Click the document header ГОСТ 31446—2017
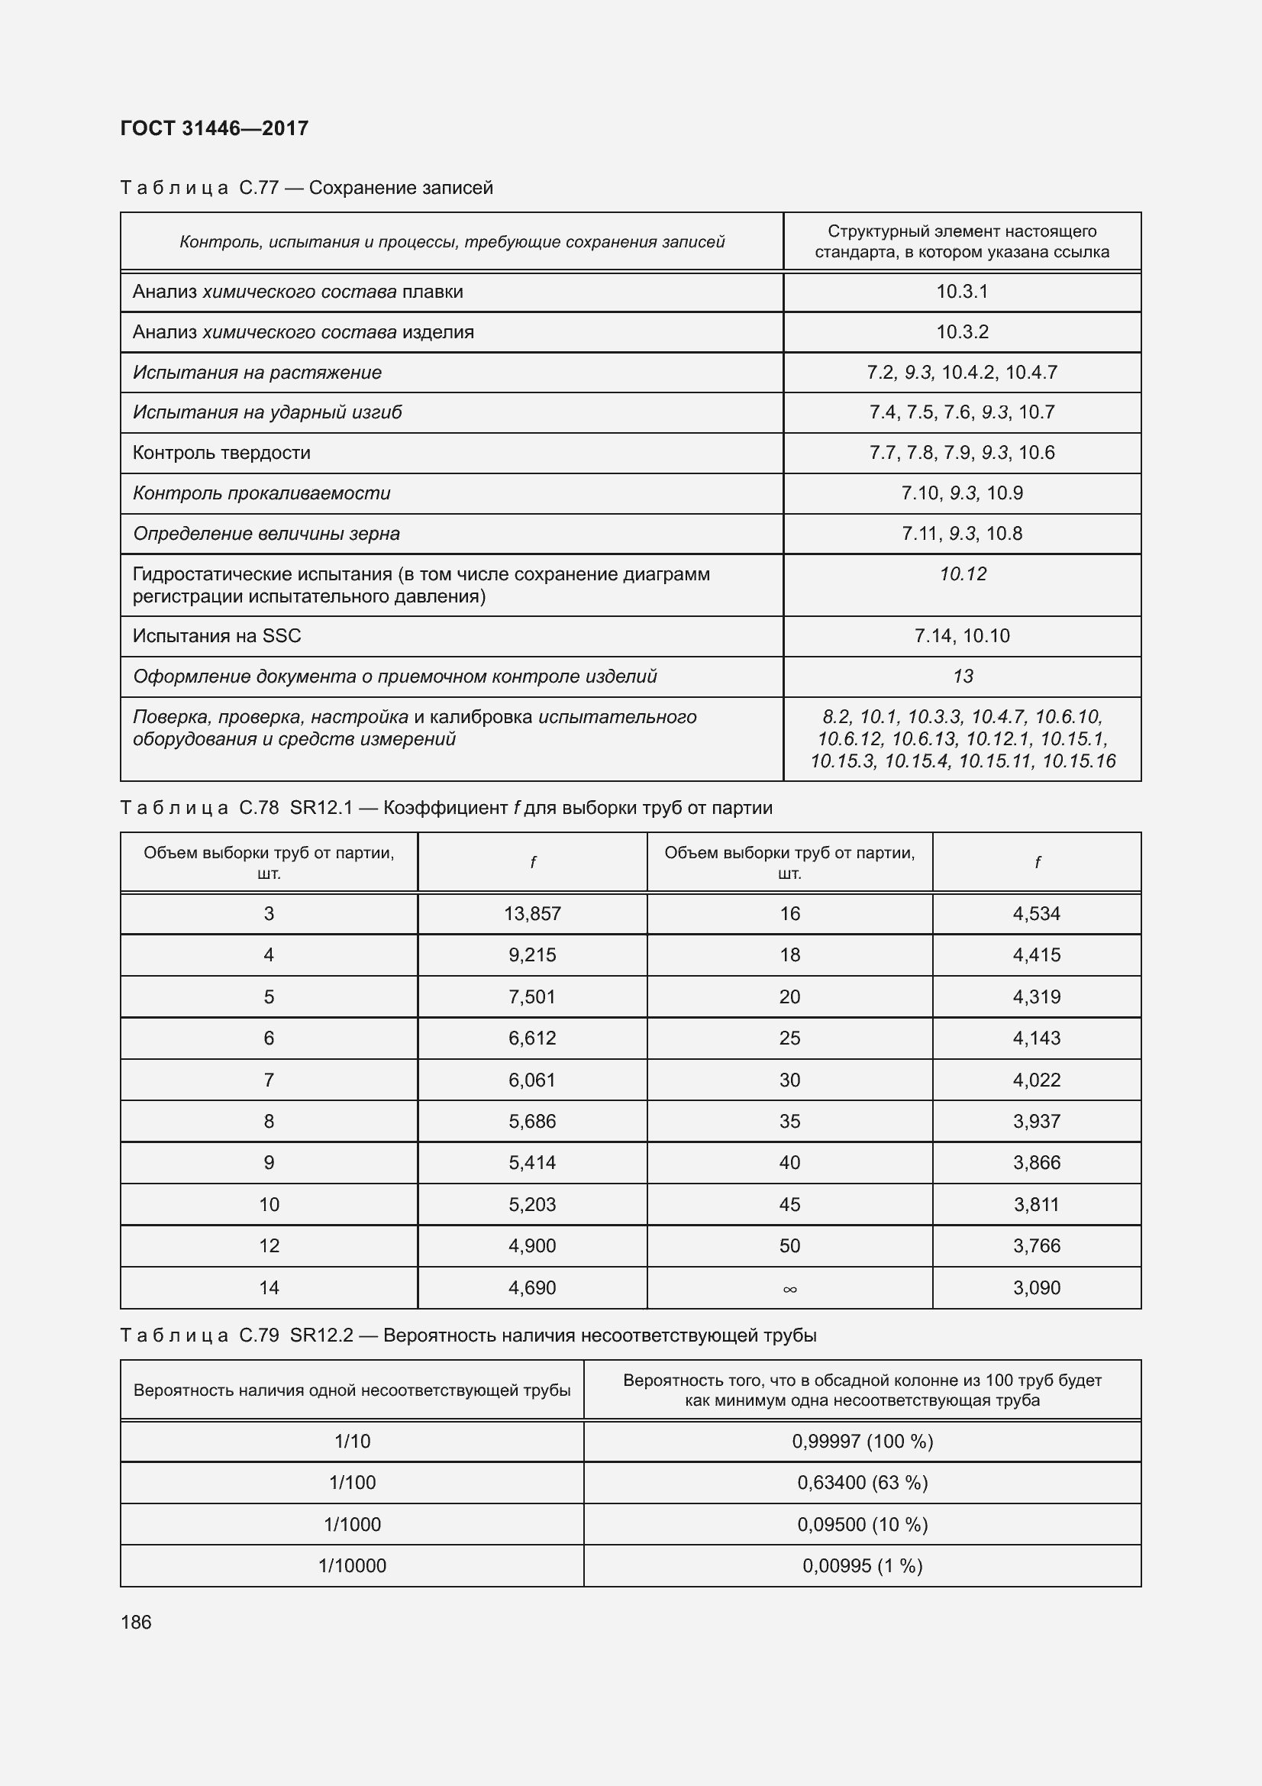pyautogui.click(x=215, y=128)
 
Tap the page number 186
pyautogui.click(x=136, y=1622)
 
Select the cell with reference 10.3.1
pyautogui.click(x=962, y=292)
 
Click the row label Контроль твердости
pyautogui.click(x=221, y=453)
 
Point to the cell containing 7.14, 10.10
pyautogui.click(x=962, y=635)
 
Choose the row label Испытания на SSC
pyautogui.click(x=217, y=635)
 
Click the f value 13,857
pyautogui.click(x=532, y=913)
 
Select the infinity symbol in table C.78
pyautogui.click(x=789, y=1289)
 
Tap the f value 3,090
pyautogui.click(x=1037, y=1287)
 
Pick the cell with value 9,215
pyautogui.click(x=532, y=954)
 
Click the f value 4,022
pyautogui.click(x=1037, y=1080)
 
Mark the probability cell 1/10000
pyautogui.click(x=352, y=1565)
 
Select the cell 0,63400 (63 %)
pyautogui.click(x=862, y=1482)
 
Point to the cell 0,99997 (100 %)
pyautogui.click(x=862, y=1441)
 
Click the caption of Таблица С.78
pyautogui.click(x=447, y=807)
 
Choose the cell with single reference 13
pyautogui.click(x=963, y=676)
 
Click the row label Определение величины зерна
pyautogui.click(x=266, y=534)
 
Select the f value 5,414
pyautogui.click(x=532, y=1162)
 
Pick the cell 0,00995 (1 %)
pyautogui.click(x=862, y=1565)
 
